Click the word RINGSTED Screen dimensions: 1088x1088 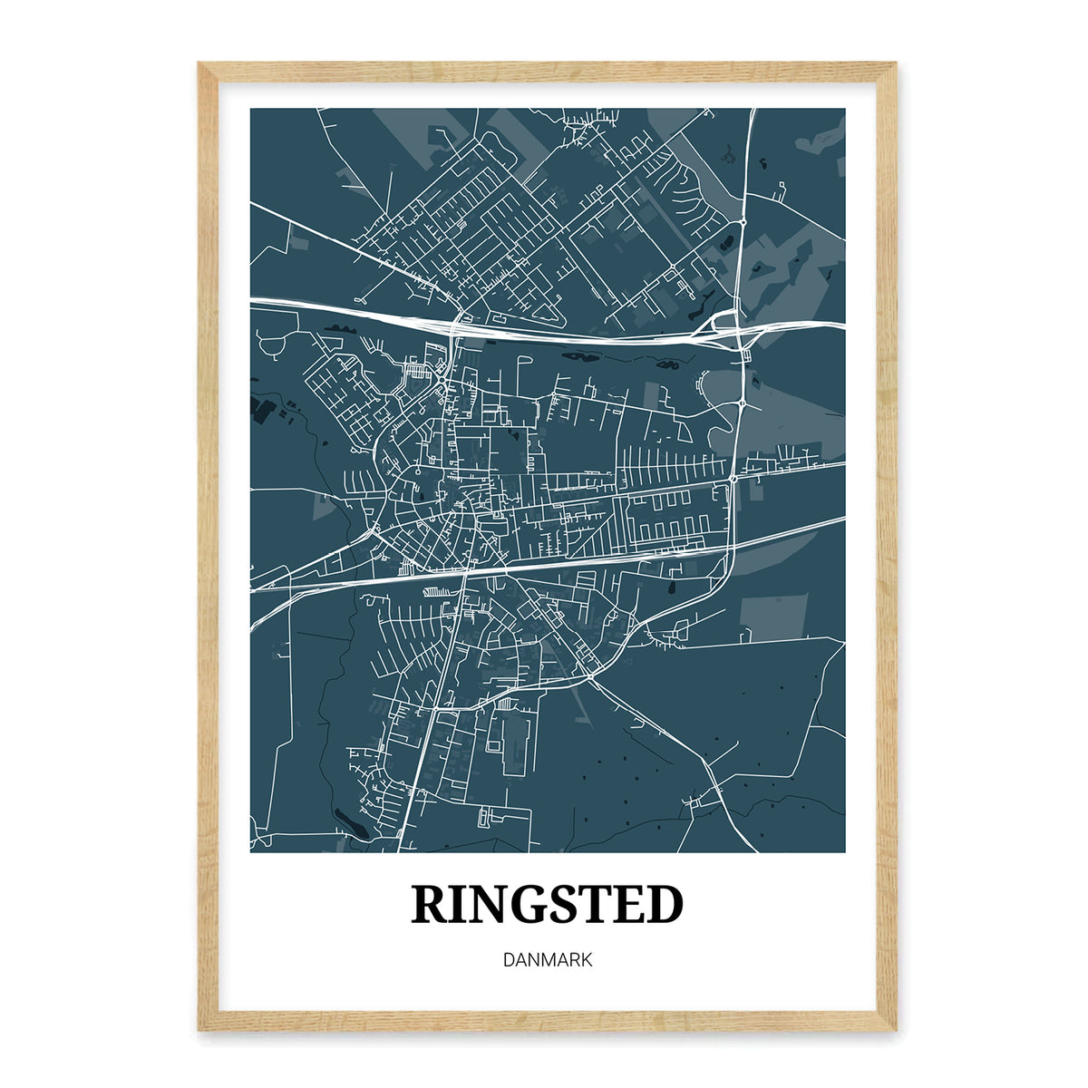pos(548,905)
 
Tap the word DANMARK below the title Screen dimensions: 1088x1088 pos(548,959)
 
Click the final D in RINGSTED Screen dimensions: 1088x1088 pos(665,905)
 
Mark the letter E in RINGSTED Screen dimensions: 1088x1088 pos(629,905)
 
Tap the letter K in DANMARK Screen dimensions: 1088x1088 pos(587,959)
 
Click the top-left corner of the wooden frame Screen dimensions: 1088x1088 pos(199,63)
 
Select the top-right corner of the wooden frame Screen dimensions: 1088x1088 pos(895,63)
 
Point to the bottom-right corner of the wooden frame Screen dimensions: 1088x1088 pos(895,1030)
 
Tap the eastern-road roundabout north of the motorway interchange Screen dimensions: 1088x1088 pos(743,220)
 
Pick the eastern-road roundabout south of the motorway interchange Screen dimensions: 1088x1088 pos(743,402)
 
